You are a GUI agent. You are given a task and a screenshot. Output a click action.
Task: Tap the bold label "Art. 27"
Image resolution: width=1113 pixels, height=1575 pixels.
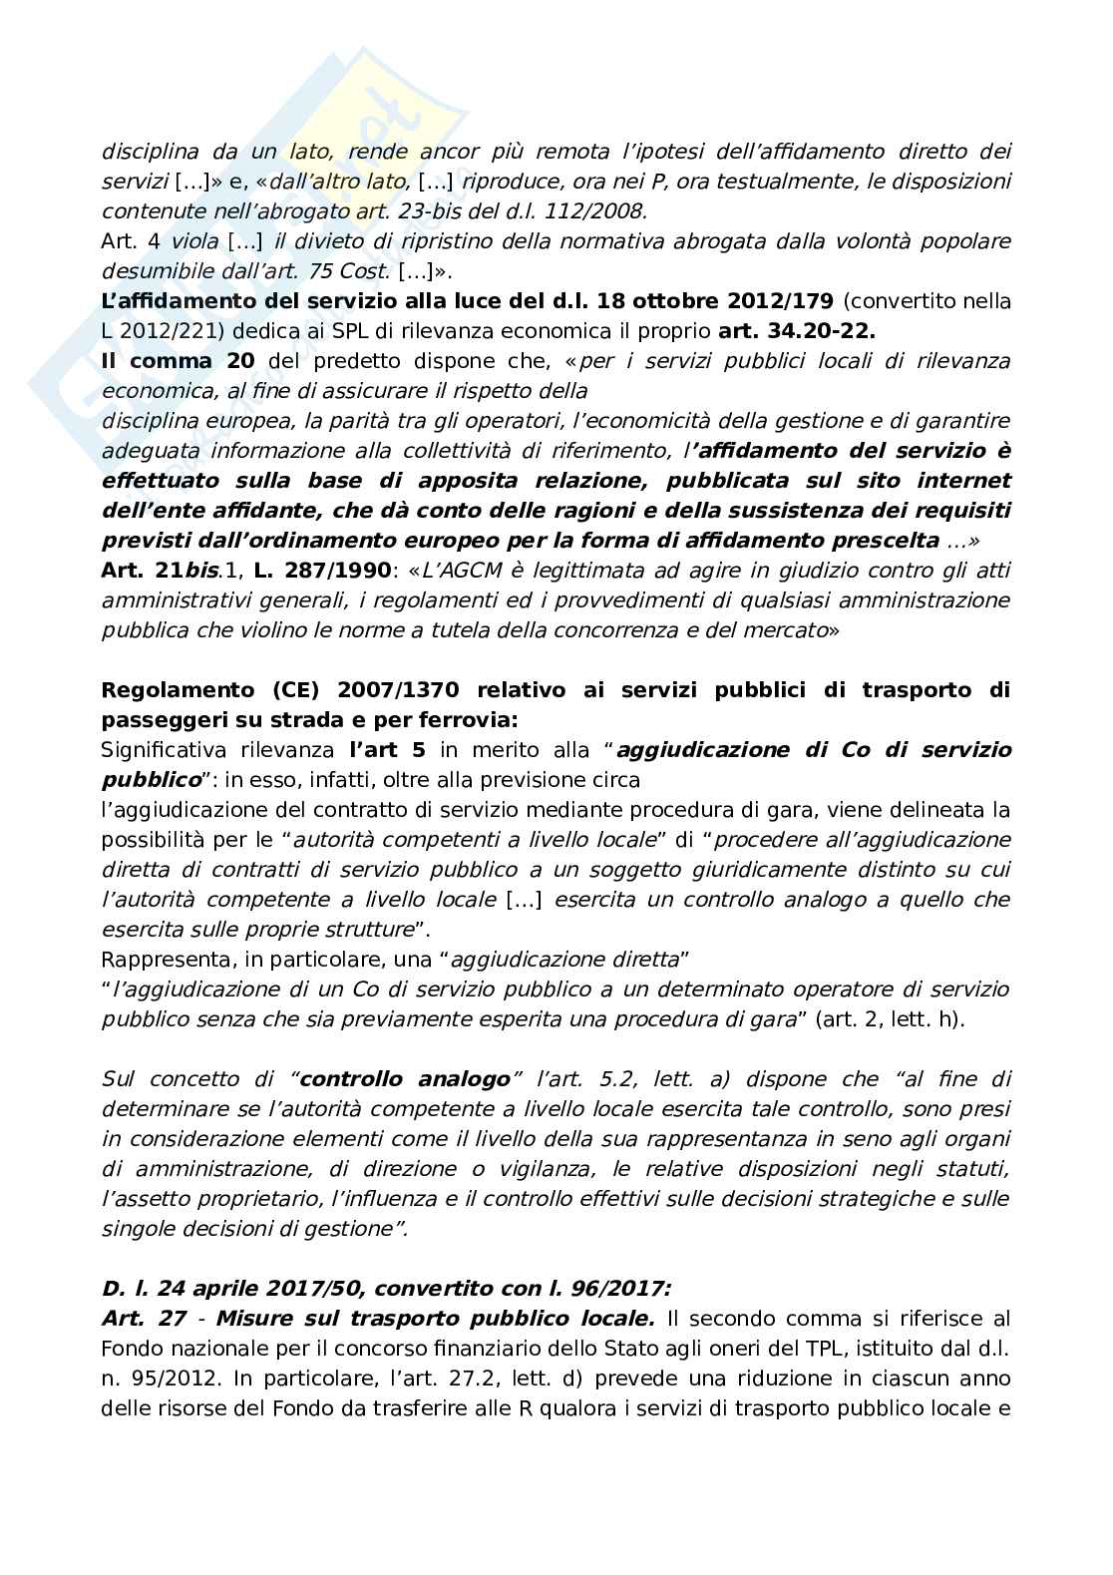coord(145,1319)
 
